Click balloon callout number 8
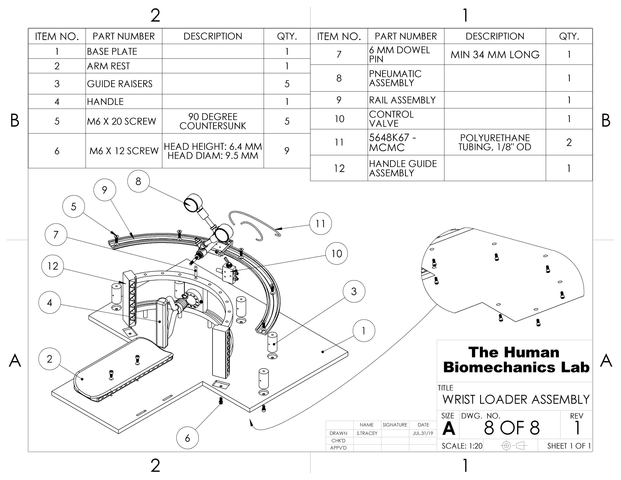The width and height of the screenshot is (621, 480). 138,181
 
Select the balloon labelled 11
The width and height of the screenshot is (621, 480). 320,223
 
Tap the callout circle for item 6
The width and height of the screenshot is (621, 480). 187,438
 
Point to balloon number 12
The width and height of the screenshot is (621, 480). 53,266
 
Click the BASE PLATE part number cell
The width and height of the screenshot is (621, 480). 112,51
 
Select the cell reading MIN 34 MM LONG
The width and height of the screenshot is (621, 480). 495,54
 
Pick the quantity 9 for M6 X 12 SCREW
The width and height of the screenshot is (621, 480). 287,151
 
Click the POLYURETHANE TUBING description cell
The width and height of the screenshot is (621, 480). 495,142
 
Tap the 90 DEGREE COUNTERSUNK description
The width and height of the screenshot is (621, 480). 213,121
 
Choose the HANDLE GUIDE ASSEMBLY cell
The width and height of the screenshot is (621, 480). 403,168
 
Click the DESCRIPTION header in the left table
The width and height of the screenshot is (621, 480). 213,36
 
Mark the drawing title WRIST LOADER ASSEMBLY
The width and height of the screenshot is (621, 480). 516,399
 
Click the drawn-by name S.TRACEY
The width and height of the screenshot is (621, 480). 367,433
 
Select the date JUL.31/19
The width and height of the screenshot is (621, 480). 423,433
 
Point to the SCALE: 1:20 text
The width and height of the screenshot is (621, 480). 462,446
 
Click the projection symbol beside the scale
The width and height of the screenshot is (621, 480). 514,446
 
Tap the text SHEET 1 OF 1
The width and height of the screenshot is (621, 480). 569,446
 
